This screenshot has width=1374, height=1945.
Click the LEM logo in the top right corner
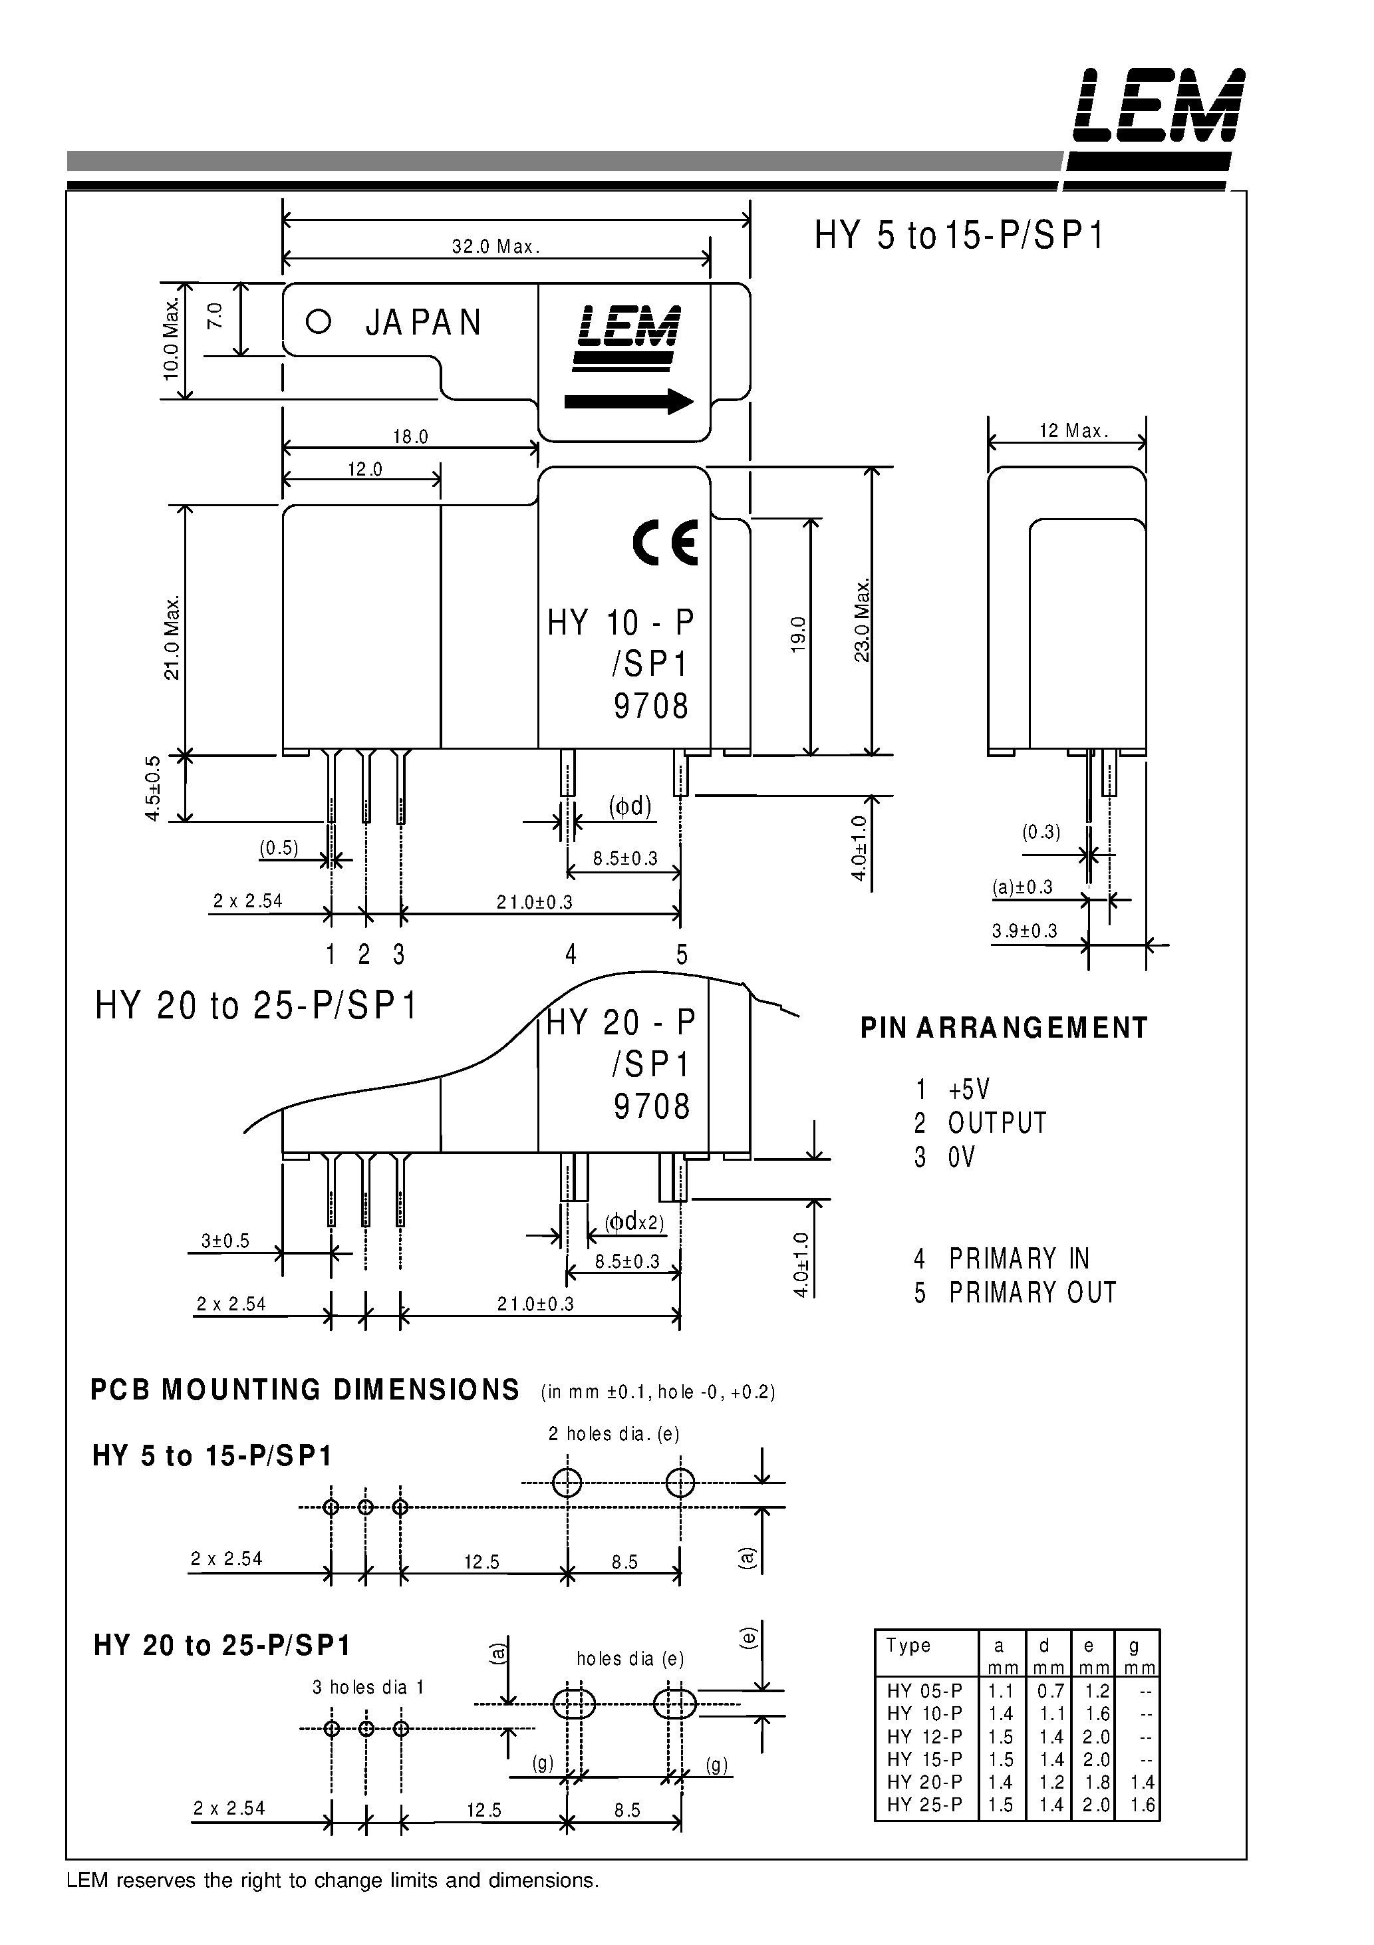[1158, 106]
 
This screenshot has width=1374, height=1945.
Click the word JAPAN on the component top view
[424, 323]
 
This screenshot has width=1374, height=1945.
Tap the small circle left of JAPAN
[319, 322]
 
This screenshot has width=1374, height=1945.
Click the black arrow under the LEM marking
[628, 400]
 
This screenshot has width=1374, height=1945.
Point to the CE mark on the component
[666, 542]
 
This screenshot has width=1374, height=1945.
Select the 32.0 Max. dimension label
[495, 247]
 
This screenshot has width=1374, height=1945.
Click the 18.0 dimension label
[411, 437]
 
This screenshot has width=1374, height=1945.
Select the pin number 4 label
[571, 955]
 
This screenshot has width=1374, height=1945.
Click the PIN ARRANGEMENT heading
[1004, 1028]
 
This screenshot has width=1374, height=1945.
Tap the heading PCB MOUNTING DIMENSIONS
[305, 1390]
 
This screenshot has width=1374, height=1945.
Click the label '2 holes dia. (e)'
[614, 1433]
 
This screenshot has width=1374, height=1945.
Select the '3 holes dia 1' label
[368, 1687]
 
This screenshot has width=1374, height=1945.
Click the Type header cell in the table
[909, 1645]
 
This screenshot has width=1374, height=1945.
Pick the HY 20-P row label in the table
[924, 1781]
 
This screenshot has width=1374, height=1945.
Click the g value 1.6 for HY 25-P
[1142, 1805]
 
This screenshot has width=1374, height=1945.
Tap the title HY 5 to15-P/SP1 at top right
[959, 235]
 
